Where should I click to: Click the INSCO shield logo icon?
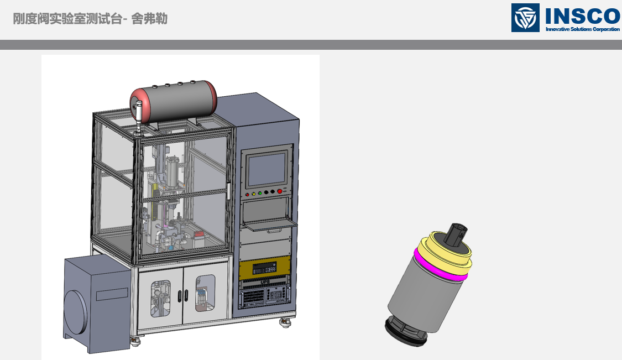[x=525, y=18]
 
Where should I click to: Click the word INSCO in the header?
[x=583, y=15]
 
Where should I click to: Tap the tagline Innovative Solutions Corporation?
[x=583, y=29]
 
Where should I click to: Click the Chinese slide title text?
[x=90, y=19]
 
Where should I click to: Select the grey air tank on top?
[x=174, y=101]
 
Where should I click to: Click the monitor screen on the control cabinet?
[x=267, y=170]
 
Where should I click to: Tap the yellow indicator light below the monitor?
[x=253, y=194]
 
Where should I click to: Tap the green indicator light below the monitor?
[x=260, y=194]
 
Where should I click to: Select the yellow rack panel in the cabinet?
[x=265, y=268]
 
